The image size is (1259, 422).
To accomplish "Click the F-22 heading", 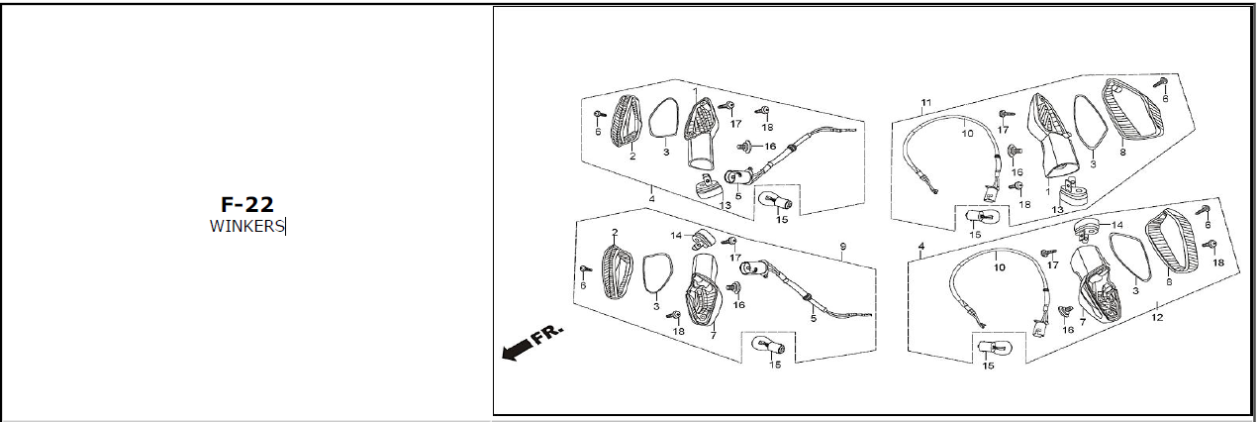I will [x=246, y=205].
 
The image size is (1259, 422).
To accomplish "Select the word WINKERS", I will [x=246, y=226].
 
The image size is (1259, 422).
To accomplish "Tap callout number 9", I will [x=843, y=246].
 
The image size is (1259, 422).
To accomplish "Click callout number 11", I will [x=925, y=103].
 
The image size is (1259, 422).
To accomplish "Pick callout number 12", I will [x=1156, y=318].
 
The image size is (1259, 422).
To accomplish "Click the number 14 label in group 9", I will [x=676, y=236].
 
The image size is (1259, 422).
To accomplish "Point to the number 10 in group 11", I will [x=967, y=132].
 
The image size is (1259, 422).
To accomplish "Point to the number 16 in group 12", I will [x=1068, y=329].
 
